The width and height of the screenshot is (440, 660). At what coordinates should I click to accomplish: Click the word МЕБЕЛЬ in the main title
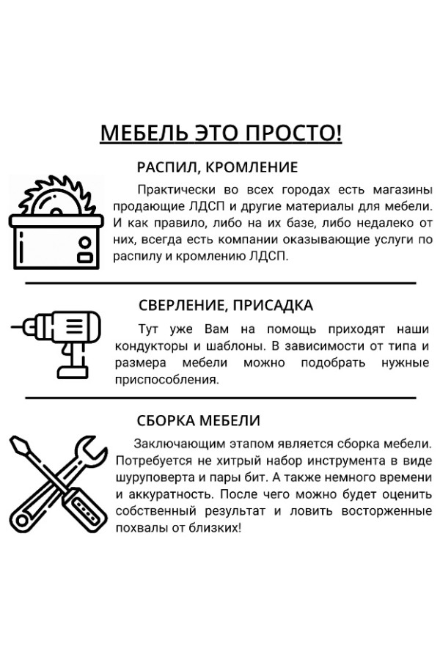(x=144, y=133)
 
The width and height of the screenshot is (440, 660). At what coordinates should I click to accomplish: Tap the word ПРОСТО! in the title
(x=294, y=133)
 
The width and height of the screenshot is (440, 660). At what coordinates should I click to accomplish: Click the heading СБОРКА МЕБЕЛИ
(x=198, y=420)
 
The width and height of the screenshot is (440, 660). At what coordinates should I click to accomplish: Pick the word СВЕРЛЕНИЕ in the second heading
(x=183, y=305)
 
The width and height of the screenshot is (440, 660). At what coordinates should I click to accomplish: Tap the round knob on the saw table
(x=84, y=243)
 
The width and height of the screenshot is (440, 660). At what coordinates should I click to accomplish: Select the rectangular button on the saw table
(x=84, y=258)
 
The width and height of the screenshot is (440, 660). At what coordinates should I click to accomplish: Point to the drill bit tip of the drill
(x=12, y=326)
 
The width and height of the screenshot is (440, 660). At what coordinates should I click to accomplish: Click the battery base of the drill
(x=73, y=372)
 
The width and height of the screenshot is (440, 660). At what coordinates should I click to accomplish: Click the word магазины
(x=403, y=190)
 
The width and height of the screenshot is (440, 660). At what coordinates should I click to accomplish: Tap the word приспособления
(x=166, y=380)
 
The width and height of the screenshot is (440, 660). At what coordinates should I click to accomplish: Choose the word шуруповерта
(x=153, y=477)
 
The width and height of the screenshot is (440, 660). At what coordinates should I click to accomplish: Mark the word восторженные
(x=386, y=511)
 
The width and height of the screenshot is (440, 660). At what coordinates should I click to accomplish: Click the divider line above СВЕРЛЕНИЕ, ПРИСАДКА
(x=221, y=283)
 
